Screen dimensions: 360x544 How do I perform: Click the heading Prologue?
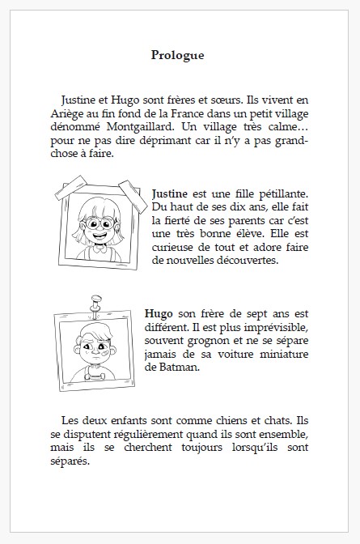tap(177, 56)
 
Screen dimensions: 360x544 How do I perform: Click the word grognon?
tap(218, 340)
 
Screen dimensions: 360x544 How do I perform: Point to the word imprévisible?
tap(269, 326)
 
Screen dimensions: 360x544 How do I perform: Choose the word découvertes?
tap(243, 261)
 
